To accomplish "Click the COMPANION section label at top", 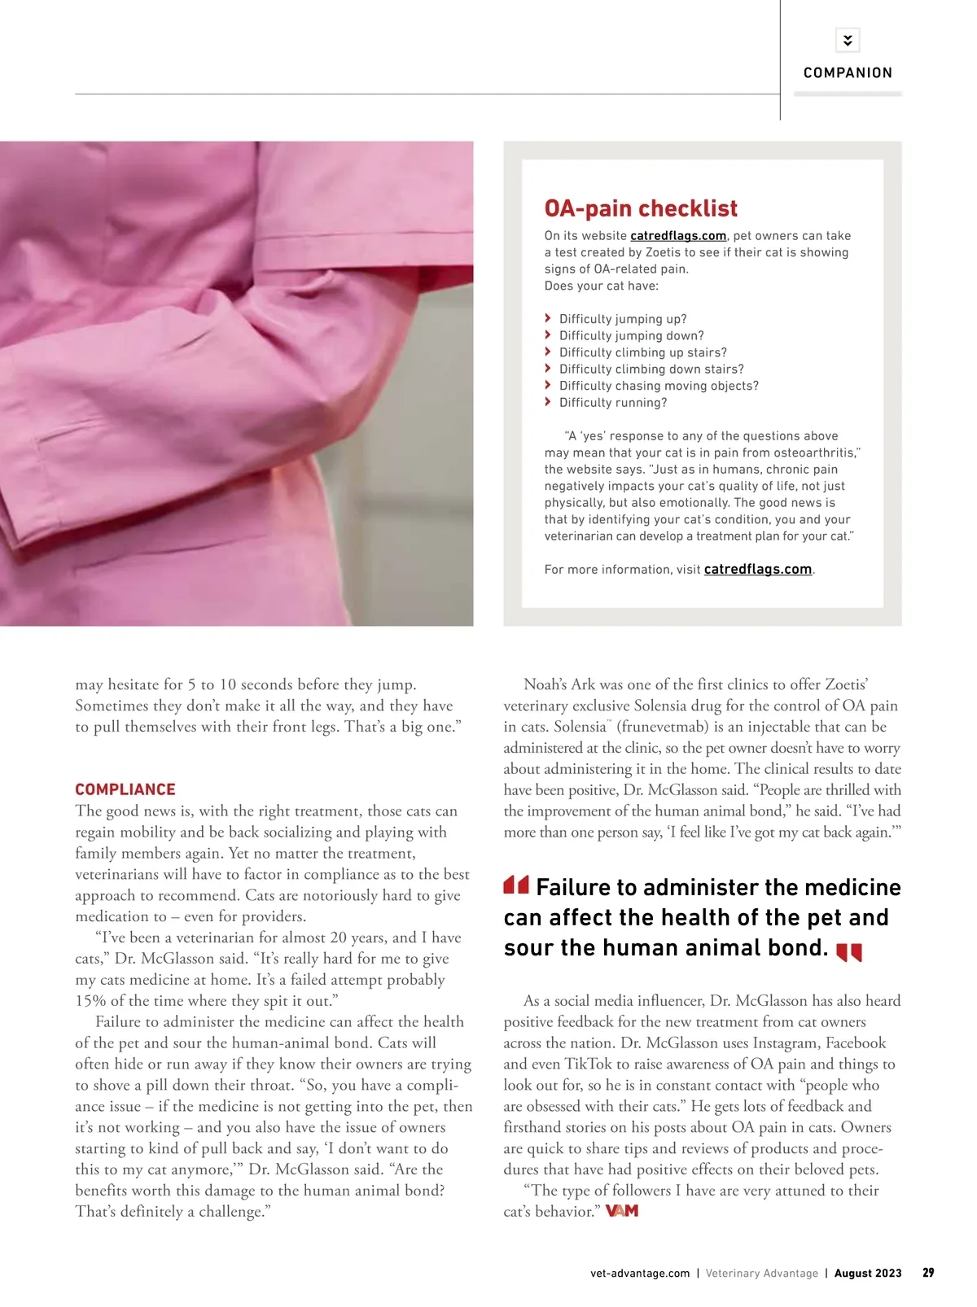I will (848, 72).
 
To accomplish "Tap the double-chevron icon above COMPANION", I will (848, 40).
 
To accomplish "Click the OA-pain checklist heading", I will (641, 208).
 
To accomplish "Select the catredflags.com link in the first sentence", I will (678, 236).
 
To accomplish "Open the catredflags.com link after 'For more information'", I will (758, 570).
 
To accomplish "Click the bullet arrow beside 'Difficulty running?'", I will (548, 402).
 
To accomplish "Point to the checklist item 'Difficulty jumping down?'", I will (631, 335).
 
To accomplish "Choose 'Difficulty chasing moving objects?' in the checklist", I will (659, 386).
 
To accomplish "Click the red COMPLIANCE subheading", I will (125, 789).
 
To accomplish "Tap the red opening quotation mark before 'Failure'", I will (516, 885).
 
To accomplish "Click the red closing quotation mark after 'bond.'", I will (849, 951).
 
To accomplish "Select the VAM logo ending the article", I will (622, 1211).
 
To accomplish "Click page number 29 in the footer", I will (928, 1273).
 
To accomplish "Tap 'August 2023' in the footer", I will (868, 1273).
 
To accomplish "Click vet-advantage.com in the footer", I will (640, 1273).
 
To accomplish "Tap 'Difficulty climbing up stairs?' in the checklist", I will (642, 352).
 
